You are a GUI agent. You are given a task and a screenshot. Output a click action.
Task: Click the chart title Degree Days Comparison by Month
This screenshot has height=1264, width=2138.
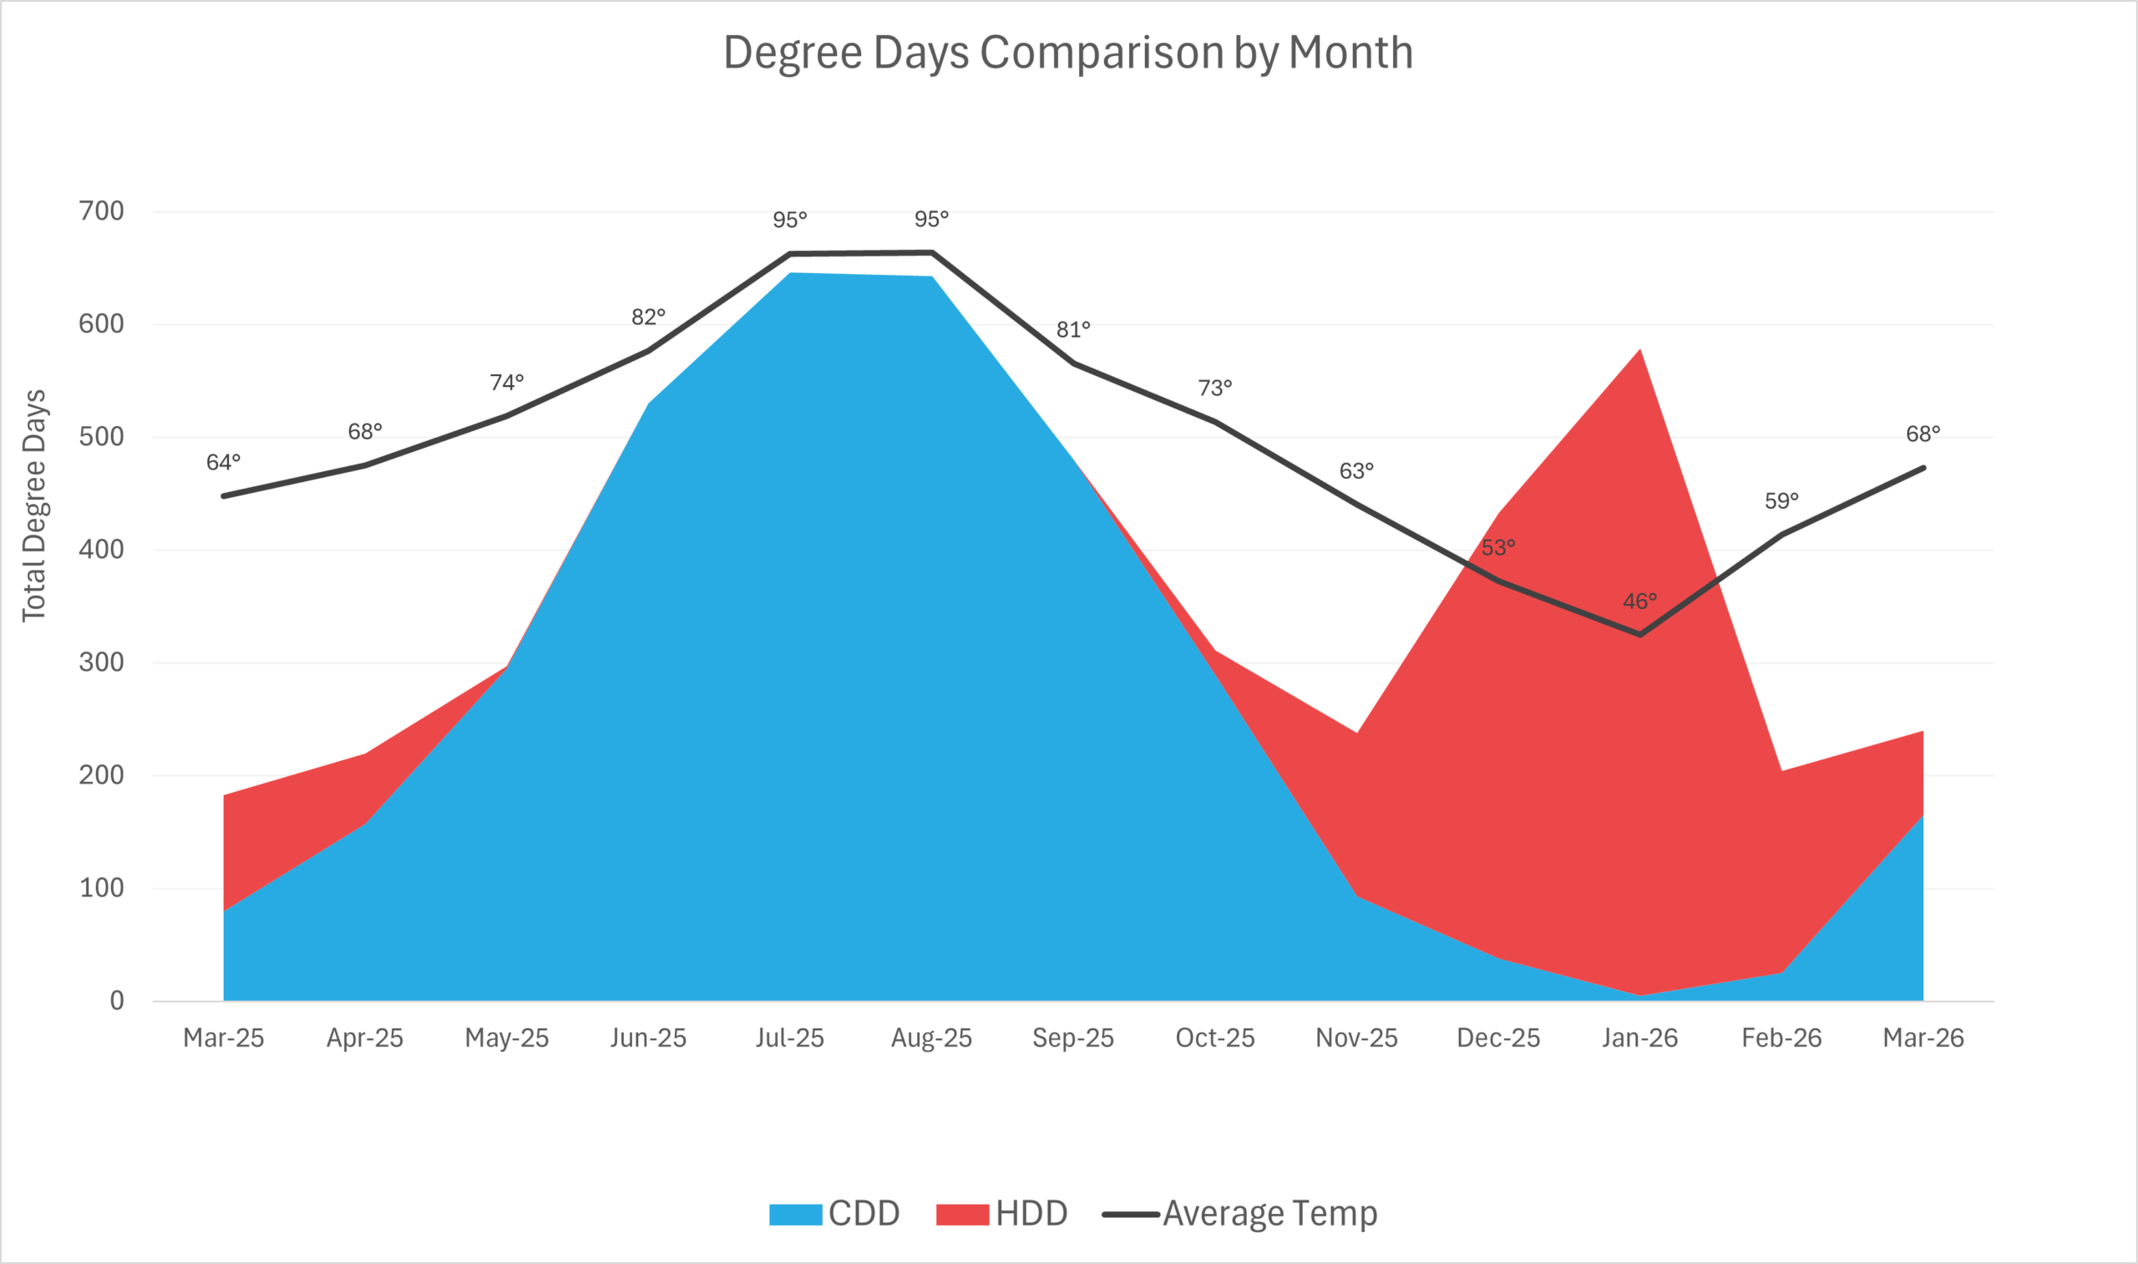[x=1067, y=53]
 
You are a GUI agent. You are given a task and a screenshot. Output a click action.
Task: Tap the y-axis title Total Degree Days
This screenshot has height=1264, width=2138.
[x=34, y=506]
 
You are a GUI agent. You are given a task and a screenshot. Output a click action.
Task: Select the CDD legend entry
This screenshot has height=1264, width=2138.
[x=834, y=1214]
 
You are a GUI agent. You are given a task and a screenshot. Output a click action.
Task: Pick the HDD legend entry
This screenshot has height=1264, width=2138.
[x=1002, y=1214]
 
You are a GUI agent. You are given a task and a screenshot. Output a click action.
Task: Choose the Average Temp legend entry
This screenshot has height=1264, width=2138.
[x=1240, y=1214]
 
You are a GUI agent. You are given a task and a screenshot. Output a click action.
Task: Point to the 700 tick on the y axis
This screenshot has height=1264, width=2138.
[x=101, y=211]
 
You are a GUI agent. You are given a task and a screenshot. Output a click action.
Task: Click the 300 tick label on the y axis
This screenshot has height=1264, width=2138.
[x=101, y=662]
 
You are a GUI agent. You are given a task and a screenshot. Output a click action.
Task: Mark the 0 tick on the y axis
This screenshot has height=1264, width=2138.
[x=117, y=1001]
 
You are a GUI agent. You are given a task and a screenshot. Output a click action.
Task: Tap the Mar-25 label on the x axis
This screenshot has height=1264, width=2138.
[x=223, y=1038]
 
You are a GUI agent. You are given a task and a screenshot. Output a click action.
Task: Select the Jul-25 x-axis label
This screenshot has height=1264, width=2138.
[x=789, y=1038]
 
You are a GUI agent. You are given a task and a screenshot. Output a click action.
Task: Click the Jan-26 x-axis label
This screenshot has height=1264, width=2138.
[x=1639, y=1038]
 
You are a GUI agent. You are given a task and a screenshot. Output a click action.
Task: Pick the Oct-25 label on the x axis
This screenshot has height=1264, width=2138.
[x=1215, y=1038]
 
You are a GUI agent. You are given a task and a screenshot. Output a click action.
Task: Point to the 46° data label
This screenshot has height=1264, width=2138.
[x=1639, y=602]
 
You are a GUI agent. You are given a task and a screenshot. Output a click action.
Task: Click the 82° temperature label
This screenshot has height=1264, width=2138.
[x=648, y=317]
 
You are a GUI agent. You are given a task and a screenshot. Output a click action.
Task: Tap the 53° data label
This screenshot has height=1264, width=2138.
[x=1497, y=548]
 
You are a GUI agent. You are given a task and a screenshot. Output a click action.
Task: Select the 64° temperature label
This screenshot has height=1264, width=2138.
[x=223, y=463]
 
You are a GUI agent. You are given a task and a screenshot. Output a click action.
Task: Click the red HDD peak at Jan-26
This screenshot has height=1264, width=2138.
[x=1639, y=351]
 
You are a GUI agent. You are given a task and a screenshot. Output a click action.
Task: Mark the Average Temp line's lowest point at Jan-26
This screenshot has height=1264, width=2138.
[x=1640, y=635]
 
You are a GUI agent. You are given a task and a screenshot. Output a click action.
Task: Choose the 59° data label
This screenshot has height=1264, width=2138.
[x=1781, y=500]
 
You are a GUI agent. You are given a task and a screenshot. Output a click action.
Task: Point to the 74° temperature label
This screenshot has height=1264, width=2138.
[x=507, y=383]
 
